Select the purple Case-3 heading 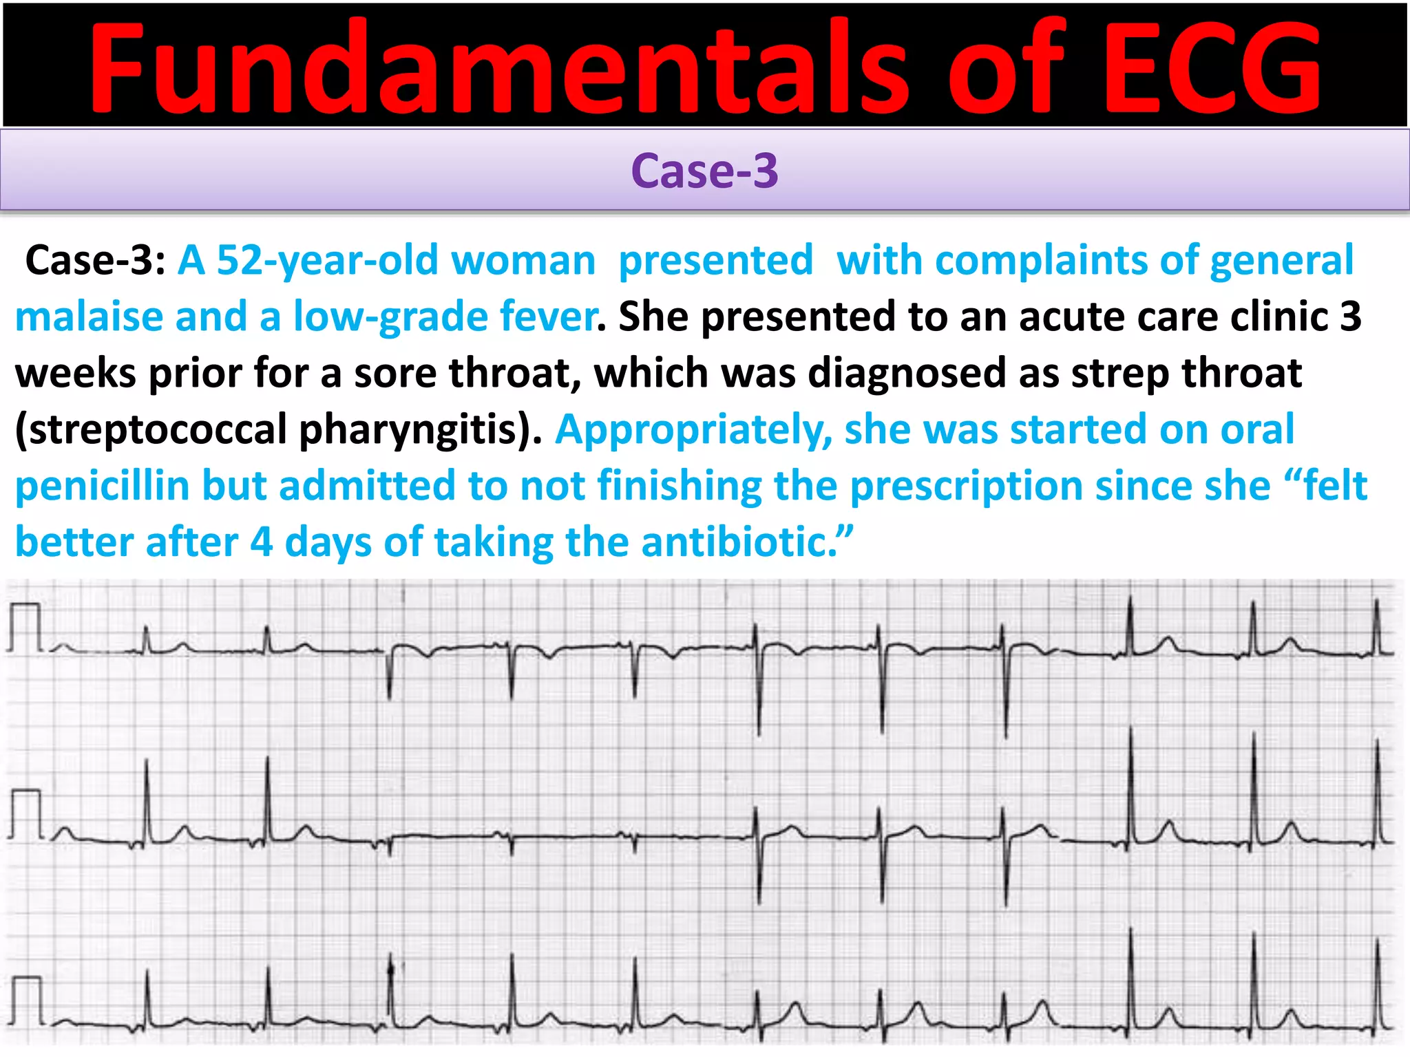click(x=704, y=171)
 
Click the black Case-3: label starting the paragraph click(x=95, y=261)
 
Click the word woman click(x=523, y=261)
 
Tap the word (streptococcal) click(x=151, y=430)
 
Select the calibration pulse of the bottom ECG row click(x=27, y=1000)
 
